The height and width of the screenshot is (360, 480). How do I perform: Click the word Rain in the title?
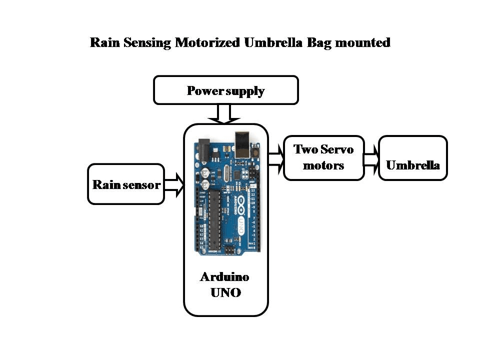point(103,42)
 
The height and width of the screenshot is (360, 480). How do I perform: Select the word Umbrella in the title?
point(273,42)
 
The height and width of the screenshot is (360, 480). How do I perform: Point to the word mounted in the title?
point(362,42)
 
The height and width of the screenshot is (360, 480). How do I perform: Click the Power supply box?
point(225,90)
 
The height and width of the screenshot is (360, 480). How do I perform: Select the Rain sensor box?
point(126,184)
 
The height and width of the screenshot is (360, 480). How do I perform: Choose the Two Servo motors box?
point(323,157)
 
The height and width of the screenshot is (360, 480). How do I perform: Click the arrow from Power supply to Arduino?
point(225,113)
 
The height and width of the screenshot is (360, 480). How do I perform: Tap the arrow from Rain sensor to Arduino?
point(174,184)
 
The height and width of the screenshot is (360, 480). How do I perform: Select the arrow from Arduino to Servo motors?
point(276,157)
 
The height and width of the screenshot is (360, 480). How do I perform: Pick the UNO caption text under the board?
point(225,292)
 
